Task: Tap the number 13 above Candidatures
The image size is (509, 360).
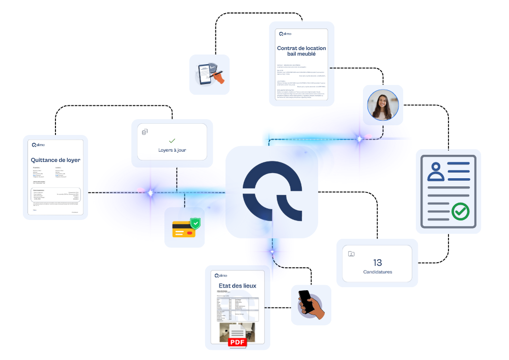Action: (x=377, y=263)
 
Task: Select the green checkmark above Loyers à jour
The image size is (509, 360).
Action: (x=172, y=141)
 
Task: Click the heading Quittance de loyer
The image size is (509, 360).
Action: (x=55, y=160)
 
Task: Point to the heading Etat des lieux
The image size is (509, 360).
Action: (x=237, y=286)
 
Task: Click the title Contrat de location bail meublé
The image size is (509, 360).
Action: (x=301, y=51)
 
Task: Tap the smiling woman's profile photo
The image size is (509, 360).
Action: (x=382, y=105)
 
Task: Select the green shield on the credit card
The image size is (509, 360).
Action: (x=195, y=223)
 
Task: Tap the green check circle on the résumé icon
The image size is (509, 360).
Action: (x=460, y=210)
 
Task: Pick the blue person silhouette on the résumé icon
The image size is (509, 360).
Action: (x=436, y=172)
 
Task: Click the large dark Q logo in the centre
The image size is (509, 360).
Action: (x=272, y=192)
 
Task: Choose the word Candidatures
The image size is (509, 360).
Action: (x=378, y=272)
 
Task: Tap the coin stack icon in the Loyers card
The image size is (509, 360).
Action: (x=145, y=132)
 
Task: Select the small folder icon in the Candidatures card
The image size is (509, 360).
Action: (x=351, y=254)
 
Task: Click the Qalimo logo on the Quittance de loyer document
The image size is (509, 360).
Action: (x=39, y=145)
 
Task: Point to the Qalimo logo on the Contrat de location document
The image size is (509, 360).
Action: (x=285, y=34)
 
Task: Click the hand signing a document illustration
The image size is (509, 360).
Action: (x=209, y=74)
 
